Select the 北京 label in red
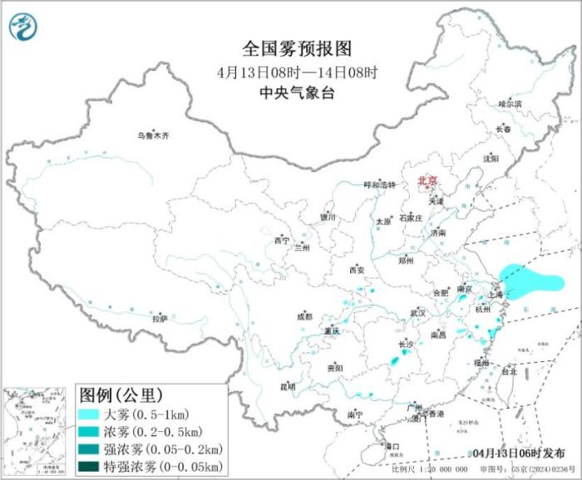pos(427,179)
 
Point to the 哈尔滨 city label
pos(510,104)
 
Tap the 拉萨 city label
pos(160,318)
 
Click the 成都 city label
pos(305,316)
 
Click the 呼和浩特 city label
pos(380,185)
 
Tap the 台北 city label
pos(506,371)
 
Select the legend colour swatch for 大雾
pos(90,412)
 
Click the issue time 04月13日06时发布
pos(515,453)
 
